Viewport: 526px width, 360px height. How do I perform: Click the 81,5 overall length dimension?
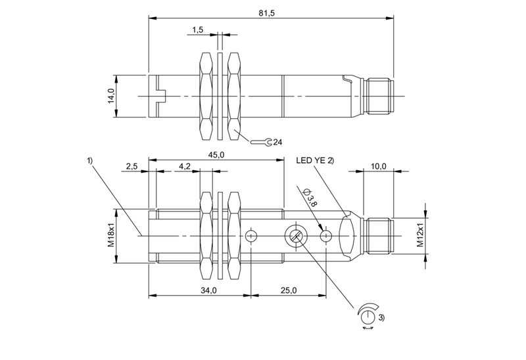[267, 13]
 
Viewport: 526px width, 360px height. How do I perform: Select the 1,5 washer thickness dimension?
[198, 30]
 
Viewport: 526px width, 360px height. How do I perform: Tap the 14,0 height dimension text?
[111, 96]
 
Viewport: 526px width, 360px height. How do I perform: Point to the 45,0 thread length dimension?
[216, 155]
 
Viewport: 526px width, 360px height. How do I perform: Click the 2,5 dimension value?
[132, 166]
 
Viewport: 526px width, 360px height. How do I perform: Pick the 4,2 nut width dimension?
[185, 166]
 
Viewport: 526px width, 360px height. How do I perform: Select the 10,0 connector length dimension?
[379, 166]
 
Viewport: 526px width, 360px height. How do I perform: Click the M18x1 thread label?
[111, 236]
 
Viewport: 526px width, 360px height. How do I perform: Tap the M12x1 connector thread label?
[420, 236]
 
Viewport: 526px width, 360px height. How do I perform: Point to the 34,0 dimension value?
[208, 290]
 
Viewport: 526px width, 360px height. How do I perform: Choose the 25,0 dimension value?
[289, 290]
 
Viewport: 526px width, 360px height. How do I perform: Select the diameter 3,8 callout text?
[310, 198]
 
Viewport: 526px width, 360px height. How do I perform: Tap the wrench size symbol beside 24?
[261, 142]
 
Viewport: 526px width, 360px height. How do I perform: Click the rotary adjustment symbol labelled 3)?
[368, 315]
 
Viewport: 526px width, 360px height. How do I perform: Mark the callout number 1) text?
[89, 161]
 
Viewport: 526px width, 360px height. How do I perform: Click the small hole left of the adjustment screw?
[251, 236]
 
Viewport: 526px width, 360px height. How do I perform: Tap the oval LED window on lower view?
[347, 236]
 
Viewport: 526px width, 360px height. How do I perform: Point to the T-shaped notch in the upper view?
[161, 96]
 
